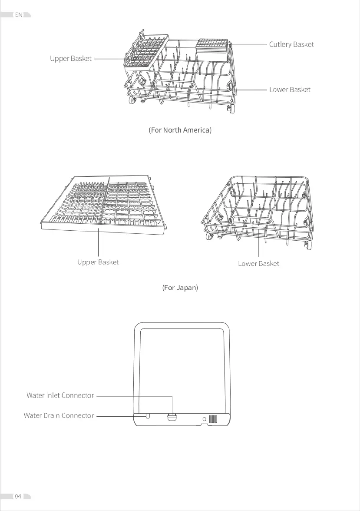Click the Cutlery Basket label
(291, 44)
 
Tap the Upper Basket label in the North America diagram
(71, 59)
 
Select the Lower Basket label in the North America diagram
(290, 90)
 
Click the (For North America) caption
(180, 130)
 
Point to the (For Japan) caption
(180, 288)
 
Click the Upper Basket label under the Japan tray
(98, 262)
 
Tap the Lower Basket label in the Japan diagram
(258, 264)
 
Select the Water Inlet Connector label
(60, 395)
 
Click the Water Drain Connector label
(59, 415)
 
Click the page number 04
(18, 496)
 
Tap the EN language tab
(19, 15)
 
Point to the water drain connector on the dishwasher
(148, 416)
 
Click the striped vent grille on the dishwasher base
(213, 419)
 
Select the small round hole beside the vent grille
(204, 419)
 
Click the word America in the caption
(196, 130)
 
